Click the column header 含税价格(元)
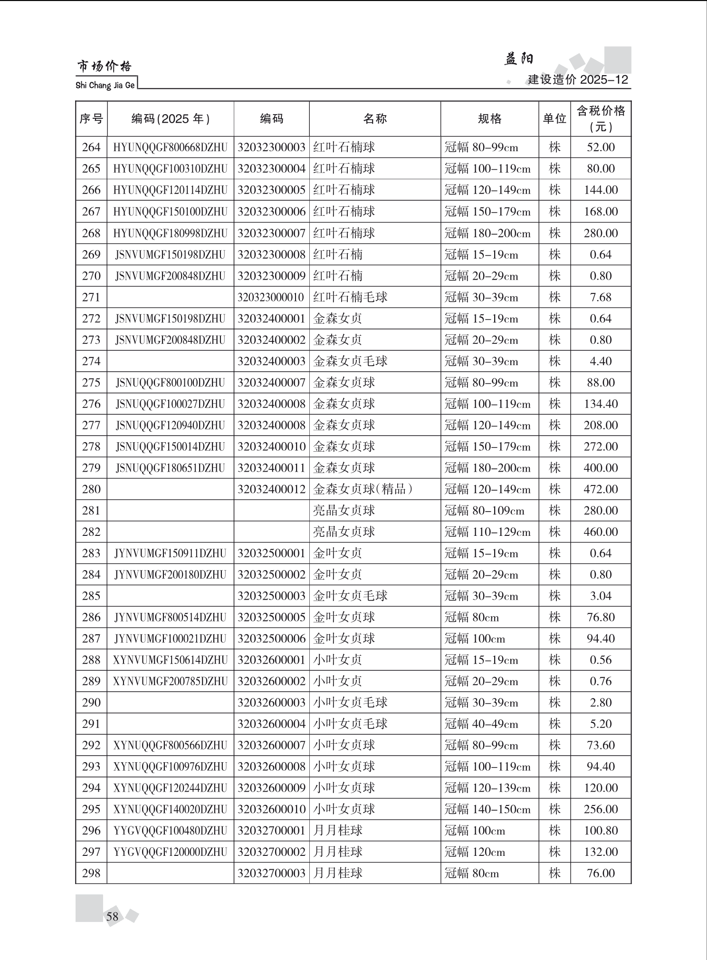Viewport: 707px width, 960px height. [601, 118]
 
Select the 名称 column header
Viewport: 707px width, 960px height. [375, 118]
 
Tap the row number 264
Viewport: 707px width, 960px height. [91, 147]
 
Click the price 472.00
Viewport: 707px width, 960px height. [601, 489]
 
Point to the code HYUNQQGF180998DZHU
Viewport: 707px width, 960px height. [170, 233]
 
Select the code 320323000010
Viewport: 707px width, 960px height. [271, 298]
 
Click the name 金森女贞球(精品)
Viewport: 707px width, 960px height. [363, 489]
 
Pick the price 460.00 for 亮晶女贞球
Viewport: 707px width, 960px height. [601, 532]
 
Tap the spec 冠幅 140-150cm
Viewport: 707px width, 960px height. [487, 810]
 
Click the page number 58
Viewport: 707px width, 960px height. [112, 916]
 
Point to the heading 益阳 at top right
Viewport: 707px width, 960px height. [518, 59]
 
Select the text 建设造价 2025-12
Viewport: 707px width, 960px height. [578, 79]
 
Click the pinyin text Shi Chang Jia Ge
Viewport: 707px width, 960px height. [105, 86]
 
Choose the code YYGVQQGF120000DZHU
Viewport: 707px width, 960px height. [170, 853]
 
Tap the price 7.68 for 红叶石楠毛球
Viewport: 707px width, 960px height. [601, 298]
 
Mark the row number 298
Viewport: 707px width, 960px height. [91, 873]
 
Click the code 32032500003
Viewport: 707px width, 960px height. [271, 596]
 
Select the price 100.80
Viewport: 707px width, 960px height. [601, 831]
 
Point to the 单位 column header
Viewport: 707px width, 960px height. [554, 118]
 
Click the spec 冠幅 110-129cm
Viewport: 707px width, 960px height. [487, 532]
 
